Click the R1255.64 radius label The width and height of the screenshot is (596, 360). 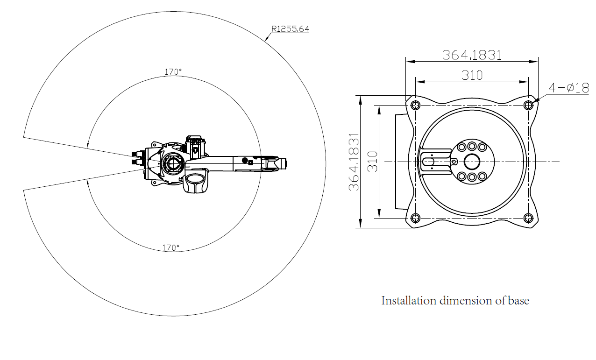coord(290,29)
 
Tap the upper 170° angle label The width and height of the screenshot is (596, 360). coord(173,72)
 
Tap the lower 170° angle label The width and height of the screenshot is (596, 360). coord(171,248)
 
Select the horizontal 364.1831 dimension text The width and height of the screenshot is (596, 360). coord(472,55)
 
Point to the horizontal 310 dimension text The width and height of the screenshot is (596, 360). coord(472,75)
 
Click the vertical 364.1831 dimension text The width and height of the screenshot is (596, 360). coord(354,162)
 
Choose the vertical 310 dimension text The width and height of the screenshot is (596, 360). coord(373,162)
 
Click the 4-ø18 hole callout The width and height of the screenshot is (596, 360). coord(569,88)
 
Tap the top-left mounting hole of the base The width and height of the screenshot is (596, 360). coord(416,106)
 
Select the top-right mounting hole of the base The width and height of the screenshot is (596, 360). coord(528,106)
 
